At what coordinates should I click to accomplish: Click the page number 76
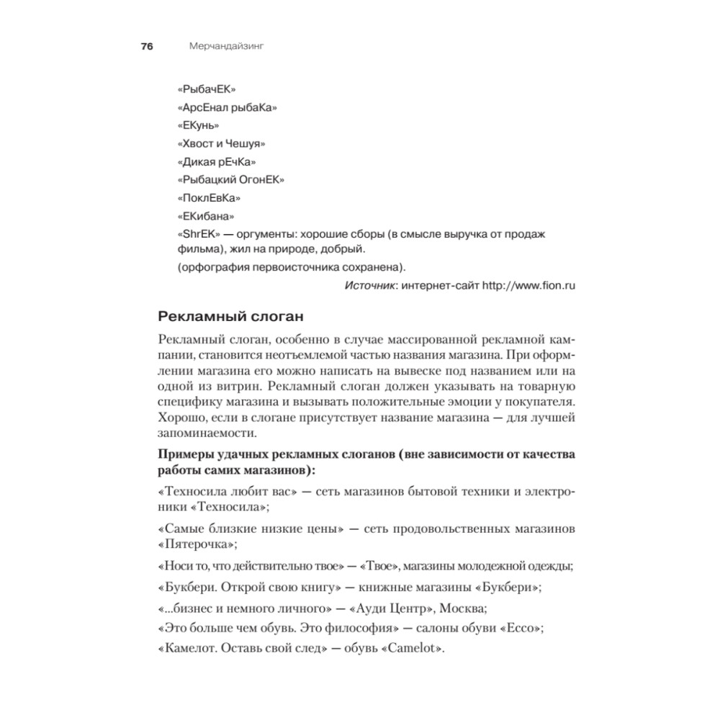(147, 47)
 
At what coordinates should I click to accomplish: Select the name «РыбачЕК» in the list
(207, 90)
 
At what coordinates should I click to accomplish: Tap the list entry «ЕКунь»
(198, 126)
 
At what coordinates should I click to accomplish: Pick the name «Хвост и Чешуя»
(219, 144)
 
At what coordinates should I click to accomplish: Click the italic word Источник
(369, 285)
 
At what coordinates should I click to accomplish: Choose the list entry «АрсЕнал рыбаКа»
(227, 108)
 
